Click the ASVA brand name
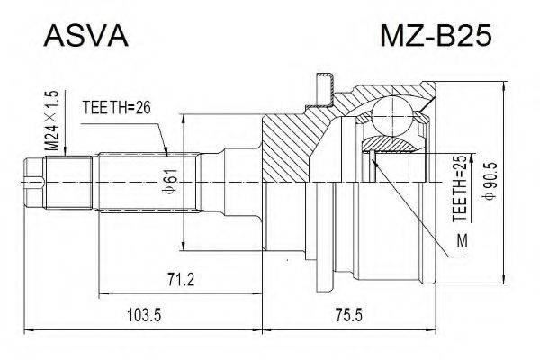point(86,39)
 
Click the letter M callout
point(462,240)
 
